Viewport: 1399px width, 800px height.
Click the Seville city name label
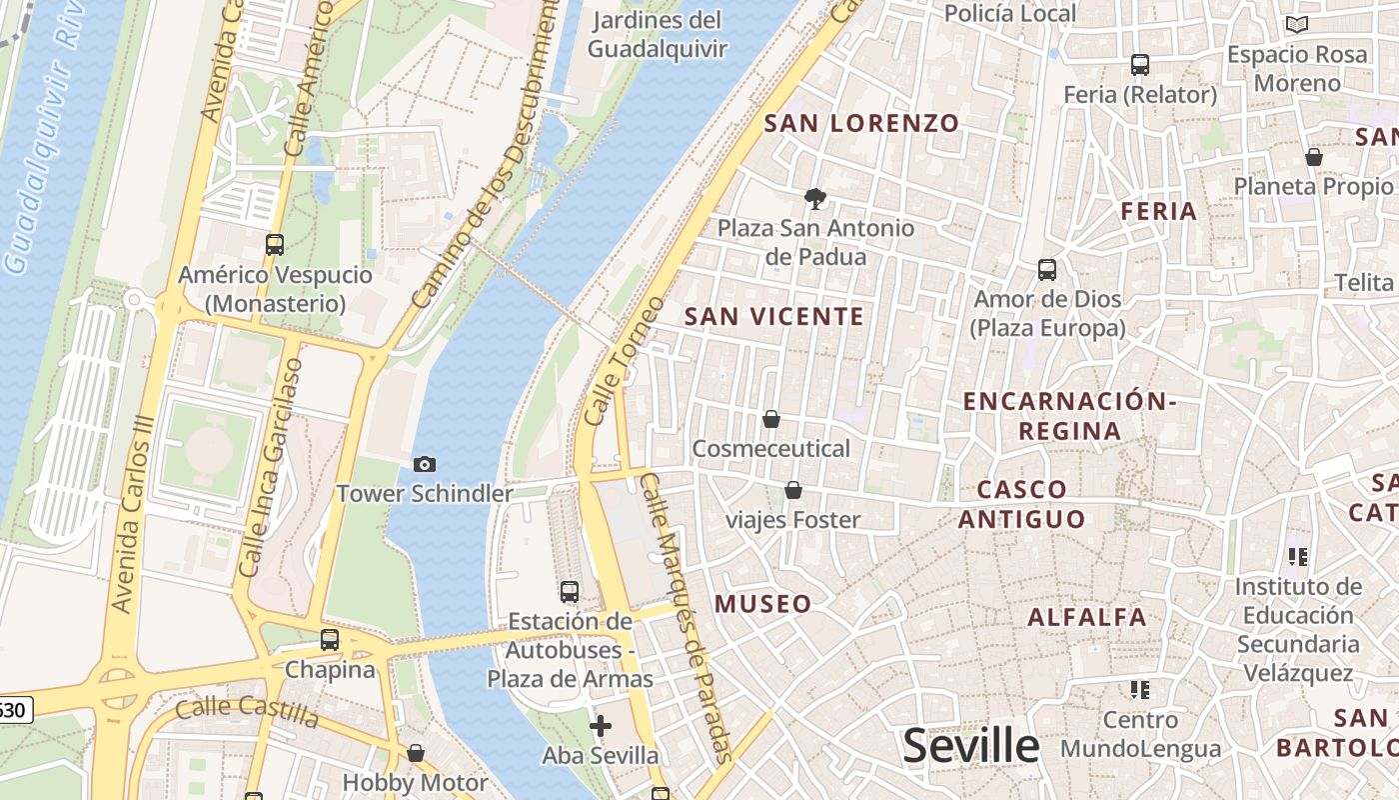coord(971,746)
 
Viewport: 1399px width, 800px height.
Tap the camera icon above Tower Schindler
coord(425,464)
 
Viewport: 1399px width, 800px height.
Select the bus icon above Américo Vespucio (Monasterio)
coord(275,244)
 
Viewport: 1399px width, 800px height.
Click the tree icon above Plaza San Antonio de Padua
coord(815,198)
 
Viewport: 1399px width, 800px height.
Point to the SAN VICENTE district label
coord(774,317)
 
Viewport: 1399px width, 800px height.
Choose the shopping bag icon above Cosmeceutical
coord(771,419)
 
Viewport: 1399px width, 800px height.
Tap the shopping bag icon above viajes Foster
coord(793,490)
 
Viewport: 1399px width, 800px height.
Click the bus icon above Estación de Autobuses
coord(570,592)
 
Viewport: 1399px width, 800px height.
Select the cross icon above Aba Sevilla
coord(601,726)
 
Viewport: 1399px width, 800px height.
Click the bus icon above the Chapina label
coord(330,640)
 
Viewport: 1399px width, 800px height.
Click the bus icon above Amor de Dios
coord(1047,270)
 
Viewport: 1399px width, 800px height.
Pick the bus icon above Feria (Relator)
coord(1140,65)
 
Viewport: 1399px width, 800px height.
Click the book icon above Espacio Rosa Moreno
coord(1297,25)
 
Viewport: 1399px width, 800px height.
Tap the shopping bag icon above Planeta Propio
coord(1314,157)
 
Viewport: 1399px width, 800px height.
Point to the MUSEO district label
coord(763,604)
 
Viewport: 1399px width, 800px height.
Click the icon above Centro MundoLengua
coord(1140,690)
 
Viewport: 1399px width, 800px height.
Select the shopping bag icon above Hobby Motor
coord(416,753)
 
